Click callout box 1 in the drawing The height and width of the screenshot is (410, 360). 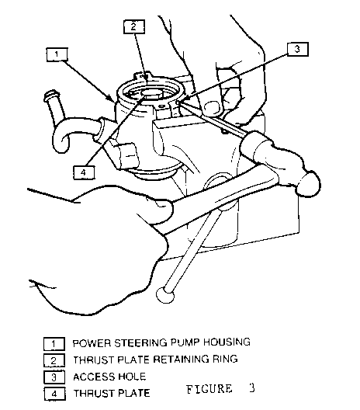[57, 54]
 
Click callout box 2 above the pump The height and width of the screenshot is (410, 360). [134, 26]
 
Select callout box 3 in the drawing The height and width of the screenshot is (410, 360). [298, 49]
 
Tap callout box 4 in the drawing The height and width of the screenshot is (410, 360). [84, 172]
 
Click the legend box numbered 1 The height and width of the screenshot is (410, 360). [54, 344]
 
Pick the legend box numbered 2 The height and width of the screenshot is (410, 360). [54, 360]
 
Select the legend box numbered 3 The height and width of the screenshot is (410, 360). [54, 377]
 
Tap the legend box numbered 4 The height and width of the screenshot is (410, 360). [54, 394]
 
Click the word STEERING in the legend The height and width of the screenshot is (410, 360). [141, 342]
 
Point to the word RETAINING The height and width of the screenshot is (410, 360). [181, 360]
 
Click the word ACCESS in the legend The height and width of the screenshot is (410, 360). [94, 377]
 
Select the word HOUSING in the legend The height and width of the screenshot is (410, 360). [227, 342]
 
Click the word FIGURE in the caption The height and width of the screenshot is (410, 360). [209, 389]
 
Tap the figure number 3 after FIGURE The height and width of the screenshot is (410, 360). [251, 388]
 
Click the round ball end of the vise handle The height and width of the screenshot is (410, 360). [165, 295]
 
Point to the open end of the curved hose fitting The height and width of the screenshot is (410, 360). [51, 94]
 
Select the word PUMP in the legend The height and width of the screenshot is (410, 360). [185, 342]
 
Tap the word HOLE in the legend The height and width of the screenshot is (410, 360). [132, 377]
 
